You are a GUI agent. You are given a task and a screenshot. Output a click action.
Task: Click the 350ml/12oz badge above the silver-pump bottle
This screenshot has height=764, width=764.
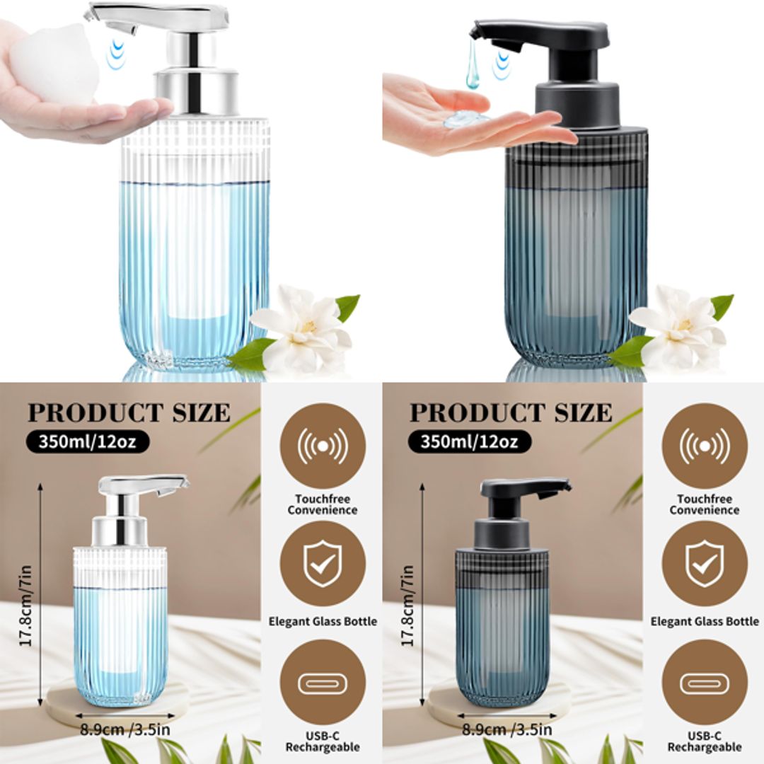coord(88,441)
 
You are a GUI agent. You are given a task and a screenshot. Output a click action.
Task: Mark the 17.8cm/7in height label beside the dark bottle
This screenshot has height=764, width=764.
coord(409,605)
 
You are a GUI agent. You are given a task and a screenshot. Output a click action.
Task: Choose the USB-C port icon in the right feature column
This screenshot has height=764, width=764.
coord(705,683)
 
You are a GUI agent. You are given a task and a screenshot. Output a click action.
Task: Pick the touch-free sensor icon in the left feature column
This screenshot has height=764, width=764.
coord(323,446)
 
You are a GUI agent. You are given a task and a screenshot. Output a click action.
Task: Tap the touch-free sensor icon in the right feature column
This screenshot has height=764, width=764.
coord(705,446)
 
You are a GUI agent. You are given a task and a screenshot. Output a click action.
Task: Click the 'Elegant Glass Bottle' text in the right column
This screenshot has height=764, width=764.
coord(705,622)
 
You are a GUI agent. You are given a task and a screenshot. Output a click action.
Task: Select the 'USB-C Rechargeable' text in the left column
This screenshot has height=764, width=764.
coord(323,741)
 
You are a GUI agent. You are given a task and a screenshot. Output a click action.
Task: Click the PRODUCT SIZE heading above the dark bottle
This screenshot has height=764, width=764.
coord(511,412)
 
